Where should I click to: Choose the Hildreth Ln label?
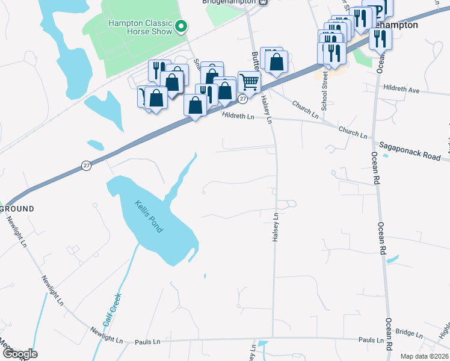238,116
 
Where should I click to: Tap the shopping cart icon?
249,82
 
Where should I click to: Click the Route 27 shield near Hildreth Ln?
242,98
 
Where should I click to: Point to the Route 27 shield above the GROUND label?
87,165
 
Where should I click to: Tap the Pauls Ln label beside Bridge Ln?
371,340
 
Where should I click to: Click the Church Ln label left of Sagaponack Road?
353,133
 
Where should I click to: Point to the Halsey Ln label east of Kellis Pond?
276,228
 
